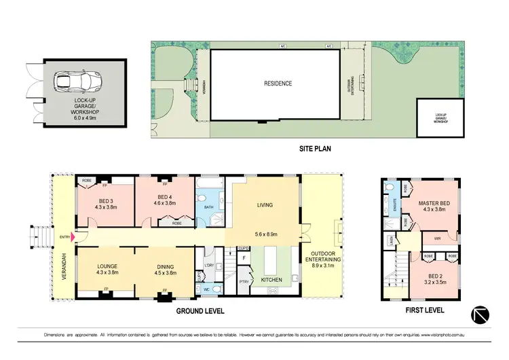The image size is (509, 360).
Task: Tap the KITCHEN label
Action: point(262,278)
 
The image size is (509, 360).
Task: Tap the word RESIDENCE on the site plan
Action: point(278,84)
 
